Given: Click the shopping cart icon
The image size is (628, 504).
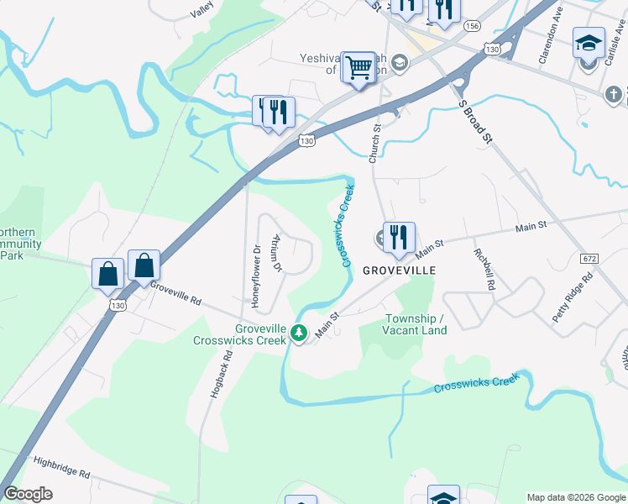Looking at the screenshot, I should [358, 66].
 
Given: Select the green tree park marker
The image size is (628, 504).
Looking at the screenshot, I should [298, 334].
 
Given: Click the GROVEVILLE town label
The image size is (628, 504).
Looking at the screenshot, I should [399, 270].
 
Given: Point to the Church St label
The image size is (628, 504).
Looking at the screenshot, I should [375, 144].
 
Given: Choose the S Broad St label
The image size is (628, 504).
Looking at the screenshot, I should [475, 122].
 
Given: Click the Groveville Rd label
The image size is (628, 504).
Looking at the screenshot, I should [176, 295].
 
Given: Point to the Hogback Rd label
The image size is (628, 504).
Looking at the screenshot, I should [220, 370].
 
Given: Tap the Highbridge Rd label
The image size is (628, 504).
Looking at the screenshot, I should [61, 467].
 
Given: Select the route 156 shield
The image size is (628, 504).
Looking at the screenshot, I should [473, 27].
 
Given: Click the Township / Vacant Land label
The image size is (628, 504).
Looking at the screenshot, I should [416, 324].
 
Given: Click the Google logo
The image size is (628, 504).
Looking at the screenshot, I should [28, 494].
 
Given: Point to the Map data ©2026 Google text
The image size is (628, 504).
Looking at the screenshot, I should [575, 497].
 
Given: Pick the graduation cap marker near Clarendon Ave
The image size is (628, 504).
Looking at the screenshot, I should [589, 42].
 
